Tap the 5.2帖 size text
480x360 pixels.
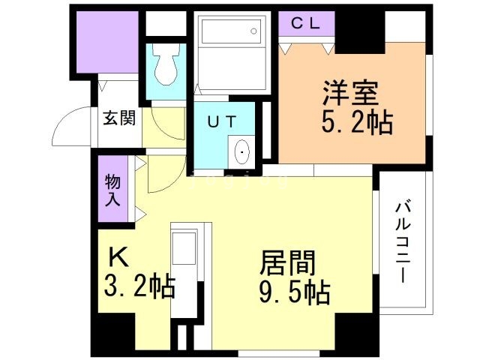tap(356, 122)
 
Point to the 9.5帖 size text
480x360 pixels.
tap(295, 292)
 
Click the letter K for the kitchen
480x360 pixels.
tap(120, 257)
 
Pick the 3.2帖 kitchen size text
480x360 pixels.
tap(139, 286)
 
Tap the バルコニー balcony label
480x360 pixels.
tap(405, 241)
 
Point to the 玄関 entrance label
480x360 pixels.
tap(119, 118)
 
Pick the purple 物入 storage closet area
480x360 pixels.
tap(112, 191)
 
